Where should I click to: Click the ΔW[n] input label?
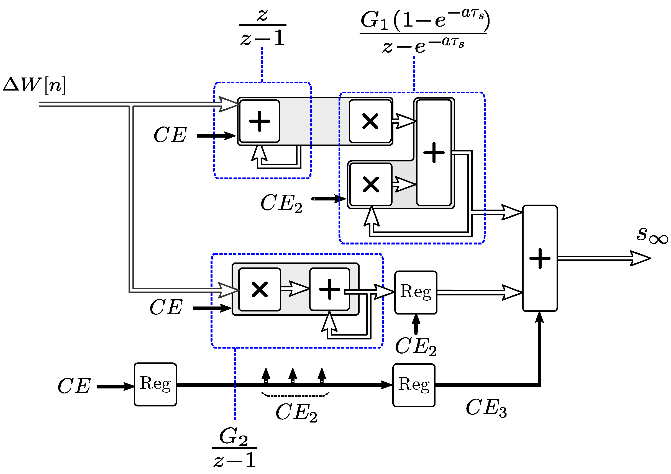(34, 85)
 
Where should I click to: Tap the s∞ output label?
(651, 235)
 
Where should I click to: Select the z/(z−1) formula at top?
(262, 27)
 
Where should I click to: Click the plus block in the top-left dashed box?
(260, 121)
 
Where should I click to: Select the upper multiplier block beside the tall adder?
(370, 121)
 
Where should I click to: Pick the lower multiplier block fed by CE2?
(371, 185)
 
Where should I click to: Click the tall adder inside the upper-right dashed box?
(434, 153)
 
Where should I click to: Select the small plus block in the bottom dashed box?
(330, 289)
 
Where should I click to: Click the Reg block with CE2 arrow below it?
(416, 292)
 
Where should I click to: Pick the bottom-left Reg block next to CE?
(155, 385)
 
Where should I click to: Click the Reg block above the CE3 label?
(414, 385)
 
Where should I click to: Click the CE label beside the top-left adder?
(170, 135)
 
